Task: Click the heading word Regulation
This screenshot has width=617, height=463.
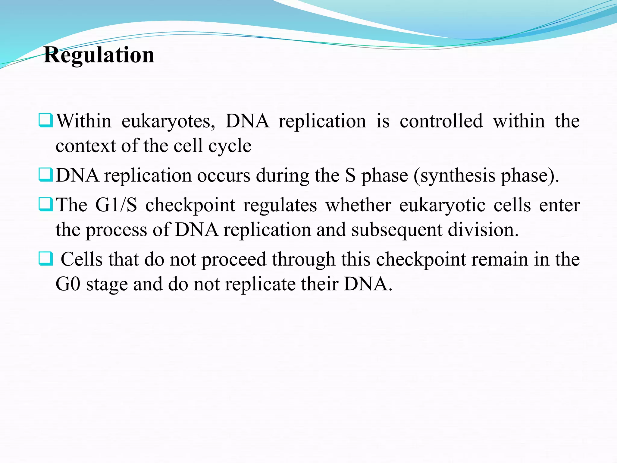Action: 99,55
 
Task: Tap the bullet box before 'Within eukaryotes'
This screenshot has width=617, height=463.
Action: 46,120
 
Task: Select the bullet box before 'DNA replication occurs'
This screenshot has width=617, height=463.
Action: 46,175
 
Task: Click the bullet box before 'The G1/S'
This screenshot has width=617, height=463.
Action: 46,204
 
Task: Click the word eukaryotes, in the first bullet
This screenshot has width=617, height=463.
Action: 168,121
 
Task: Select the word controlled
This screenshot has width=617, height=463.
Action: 441,121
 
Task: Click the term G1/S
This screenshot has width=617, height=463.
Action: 116,205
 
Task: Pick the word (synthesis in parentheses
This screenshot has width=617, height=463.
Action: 454,175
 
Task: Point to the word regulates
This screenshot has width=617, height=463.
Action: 280,206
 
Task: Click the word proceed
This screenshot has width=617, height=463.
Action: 234,260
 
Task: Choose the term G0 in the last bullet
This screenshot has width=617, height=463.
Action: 68,284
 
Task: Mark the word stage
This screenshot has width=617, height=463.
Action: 107,285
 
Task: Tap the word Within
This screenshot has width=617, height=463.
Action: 84,121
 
